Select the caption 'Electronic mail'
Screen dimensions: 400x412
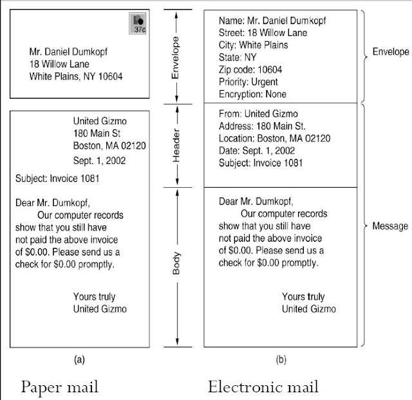263,387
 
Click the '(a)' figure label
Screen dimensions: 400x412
79,360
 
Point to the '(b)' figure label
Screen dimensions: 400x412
281,360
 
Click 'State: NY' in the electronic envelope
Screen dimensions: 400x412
238,57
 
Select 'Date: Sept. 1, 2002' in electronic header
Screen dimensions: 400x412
257,150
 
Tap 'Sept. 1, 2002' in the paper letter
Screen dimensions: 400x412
100,160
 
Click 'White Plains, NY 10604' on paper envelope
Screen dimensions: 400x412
77,77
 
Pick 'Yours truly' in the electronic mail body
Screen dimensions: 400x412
303,296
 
